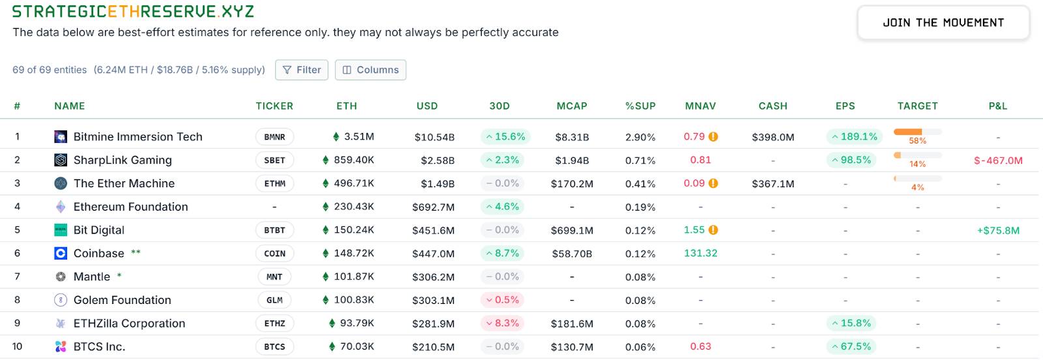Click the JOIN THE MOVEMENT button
coord(943,23)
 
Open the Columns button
coord(370,70)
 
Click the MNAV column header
coord(700,106)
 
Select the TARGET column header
coord(917,106)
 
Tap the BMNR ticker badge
coord(274,137)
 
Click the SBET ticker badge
coord(274,160)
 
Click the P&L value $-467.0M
coord(997,160)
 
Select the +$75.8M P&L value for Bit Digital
coord(997,230)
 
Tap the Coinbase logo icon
coord(61,254)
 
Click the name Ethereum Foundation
coord(130,207)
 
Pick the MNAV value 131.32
coord(700,253)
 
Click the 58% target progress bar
coord(917,132)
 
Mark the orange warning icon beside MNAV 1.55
coord(713,230)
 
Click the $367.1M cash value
coord(772,184)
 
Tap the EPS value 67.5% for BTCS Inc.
coord(851,346)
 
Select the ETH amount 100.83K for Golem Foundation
coord(353,300)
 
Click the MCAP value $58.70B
coord(572,254)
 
